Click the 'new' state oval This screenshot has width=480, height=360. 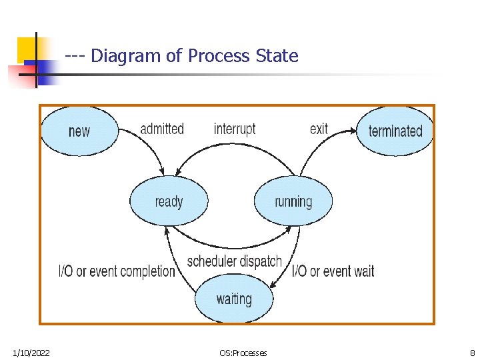(x=79, y=131)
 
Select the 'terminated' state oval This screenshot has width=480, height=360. (x=395, y=131)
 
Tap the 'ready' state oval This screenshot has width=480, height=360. (x=169, y=201)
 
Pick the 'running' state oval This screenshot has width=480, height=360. (x=293, y=201)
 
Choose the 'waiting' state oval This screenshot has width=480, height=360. (x=234, y=299)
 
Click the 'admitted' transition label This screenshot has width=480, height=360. (x=162, y=129)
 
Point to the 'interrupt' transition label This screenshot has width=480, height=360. (x=235, y=129)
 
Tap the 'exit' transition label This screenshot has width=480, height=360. (x=319, y=129)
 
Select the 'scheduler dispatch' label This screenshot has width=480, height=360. (x=235, y=261)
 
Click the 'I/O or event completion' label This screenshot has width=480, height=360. (x=117, y=271)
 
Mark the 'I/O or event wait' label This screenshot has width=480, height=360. (x=333, y=271)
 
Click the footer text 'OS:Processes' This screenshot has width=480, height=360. (x=243, y=353)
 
